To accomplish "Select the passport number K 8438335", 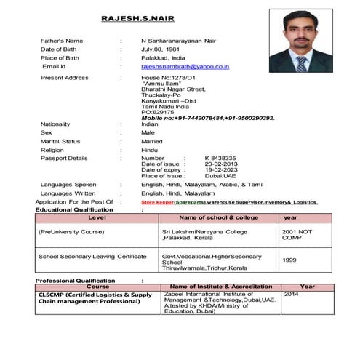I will [220, 157].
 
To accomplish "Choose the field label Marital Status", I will [60, 141].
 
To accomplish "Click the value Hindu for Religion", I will [149, 150].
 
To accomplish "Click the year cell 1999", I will [289, 260].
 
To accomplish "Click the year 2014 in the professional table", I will [291, 295].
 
